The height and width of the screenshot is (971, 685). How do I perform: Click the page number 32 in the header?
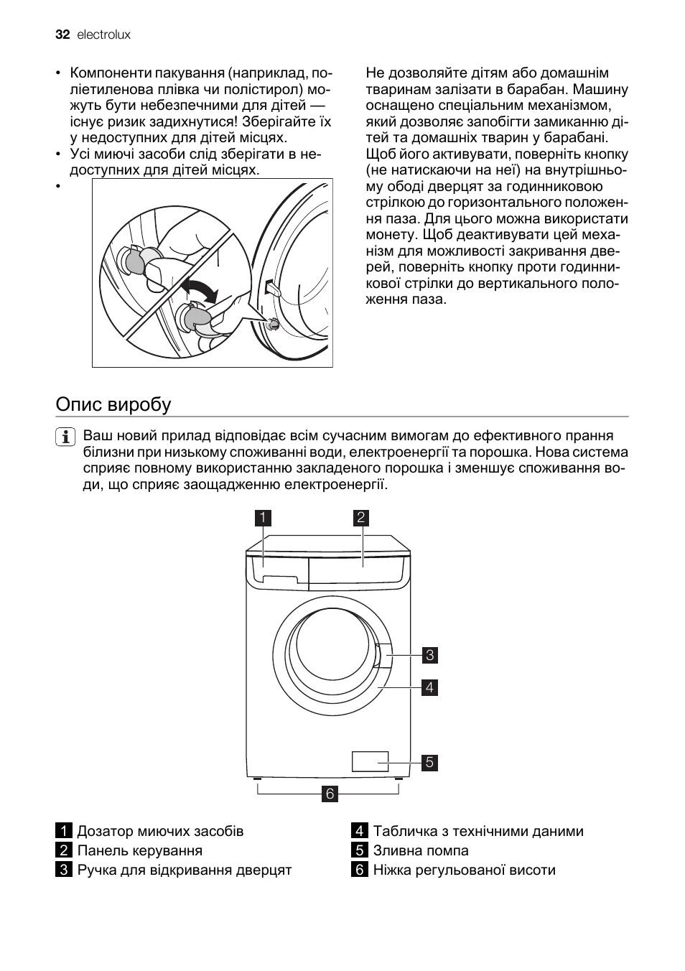click(62, 34)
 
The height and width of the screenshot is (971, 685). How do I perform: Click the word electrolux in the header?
click(103, 34)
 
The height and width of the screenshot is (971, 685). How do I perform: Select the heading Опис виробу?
click(113, 404)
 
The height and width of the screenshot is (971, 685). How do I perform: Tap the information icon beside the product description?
click(65, 437)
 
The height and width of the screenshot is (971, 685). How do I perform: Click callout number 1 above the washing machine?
click(264, 517)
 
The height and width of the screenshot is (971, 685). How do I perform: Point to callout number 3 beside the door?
click(429, 655)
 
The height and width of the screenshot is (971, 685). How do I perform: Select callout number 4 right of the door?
click(429, 687)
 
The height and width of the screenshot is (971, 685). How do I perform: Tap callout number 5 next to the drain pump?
click(429, 762)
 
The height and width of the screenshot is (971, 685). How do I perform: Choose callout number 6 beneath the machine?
click(330, 794)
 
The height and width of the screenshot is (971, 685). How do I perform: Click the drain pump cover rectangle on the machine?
click(371, 761)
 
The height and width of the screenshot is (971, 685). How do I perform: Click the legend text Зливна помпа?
click(420, 850)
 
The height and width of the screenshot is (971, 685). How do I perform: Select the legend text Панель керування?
click(139, 850)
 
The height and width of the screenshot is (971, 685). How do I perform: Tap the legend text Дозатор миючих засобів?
click(160, 831)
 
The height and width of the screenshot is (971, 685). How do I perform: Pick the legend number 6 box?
click(359, 870)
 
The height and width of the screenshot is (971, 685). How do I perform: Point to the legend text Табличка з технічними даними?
click(477, 831)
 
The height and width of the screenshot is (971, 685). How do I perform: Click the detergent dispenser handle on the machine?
click(279, 580)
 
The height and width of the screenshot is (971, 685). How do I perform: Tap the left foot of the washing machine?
click(257, 779)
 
